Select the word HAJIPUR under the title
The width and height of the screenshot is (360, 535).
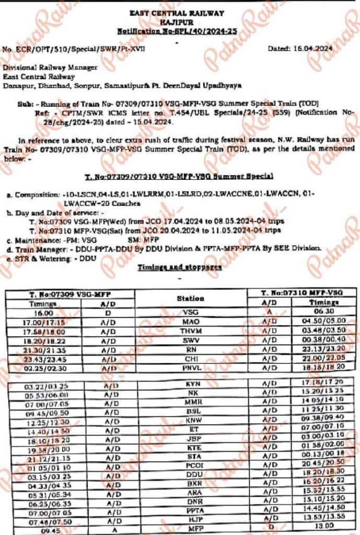point(179,22)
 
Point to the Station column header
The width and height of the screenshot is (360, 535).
point(190,299)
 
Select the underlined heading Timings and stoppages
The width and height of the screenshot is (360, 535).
point(180,267)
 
